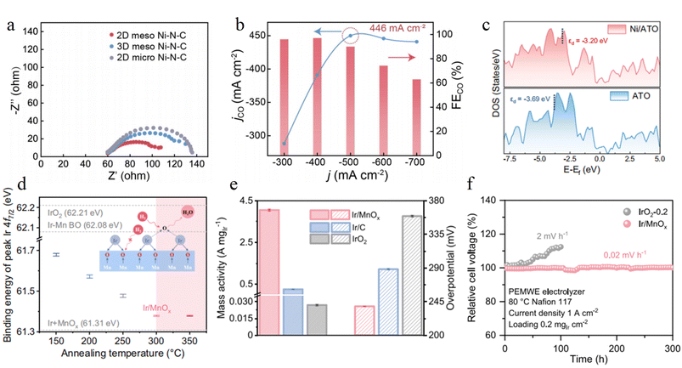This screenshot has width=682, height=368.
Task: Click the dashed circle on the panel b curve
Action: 350,36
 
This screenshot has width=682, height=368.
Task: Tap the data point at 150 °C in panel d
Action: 56,254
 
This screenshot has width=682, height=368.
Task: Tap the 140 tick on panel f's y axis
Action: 491,200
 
